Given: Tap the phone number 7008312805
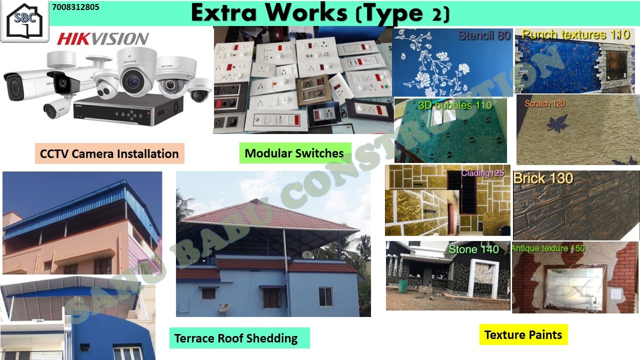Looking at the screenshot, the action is (x=75, y=7).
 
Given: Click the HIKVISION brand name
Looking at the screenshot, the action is (x=103, y=38).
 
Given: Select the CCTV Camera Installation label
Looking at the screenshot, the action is (x=109, y=153).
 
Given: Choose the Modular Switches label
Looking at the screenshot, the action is (x=294, y=153).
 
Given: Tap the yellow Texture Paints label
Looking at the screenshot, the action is (x=523, y=334).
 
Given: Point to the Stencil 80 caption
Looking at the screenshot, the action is (x=484, y=35).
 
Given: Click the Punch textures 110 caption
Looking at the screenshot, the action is (x=575, y=34).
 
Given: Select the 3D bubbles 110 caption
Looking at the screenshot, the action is (x=455, y=105).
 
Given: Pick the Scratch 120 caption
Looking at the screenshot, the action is (x=545, y=103).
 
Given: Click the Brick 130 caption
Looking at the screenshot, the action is (x=543, y=178).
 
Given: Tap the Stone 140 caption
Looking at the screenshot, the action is (x=473, y=249).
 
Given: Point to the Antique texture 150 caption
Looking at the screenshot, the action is (x=548, y=248).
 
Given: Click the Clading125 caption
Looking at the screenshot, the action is (x=482, y=173).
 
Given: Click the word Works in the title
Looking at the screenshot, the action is (x=306, y=13).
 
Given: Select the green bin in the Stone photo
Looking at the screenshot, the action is (x=403, y=286).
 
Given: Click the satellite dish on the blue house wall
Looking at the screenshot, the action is (x=224, y=308).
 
